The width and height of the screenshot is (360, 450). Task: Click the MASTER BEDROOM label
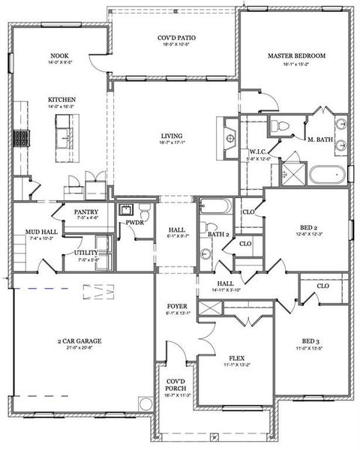coord(296,55)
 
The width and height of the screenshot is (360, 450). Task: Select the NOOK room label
coord(59,55)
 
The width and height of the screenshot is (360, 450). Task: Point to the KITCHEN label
coord(61,100)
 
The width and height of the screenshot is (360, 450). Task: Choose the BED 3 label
coord(311,339)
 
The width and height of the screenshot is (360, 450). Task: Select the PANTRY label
coord(86,212)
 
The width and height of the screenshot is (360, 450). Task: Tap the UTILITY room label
coord(85,253)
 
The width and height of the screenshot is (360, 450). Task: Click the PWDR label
coord(135,223)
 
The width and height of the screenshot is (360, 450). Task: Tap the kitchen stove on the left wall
coord(20,138)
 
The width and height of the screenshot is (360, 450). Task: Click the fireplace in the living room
coord(229,136)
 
